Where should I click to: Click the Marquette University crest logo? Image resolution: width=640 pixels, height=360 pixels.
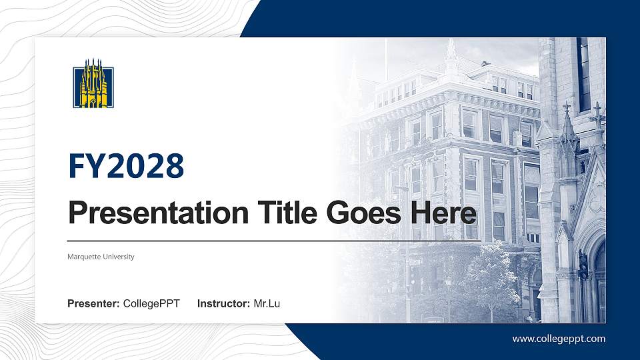[93, 87]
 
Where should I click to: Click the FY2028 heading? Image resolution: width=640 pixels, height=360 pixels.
[126, 166]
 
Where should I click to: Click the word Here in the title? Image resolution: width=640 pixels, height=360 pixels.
[445, 213]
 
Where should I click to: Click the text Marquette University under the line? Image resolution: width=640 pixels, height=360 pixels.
[101, 257]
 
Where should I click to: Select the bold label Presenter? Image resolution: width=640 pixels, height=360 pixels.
[93, 304]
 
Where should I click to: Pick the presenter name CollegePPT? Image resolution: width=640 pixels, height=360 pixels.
[151, 304]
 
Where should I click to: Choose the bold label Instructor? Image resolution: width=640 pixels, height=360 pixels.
[224, 304]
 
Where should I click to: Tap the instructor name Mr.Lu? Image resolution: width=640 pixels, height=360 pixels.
[267, 304]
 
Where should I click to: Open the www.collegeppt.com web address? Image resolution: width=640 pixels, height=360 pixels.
[559, 339]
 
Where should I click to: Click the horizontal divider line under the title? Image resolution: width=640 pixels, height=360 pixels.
[267, 240]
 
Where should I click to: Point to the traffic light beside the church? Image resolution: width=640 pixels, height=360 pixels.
[583, 265]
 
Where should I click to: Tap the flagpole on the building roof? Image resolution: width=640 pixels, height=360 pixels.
[385, 60]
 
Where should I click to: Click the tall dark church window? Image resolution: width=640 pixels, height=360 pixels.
[584, 73]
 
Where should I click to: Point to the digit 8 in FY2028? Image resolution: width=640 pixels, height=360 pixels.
[174, 166]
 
